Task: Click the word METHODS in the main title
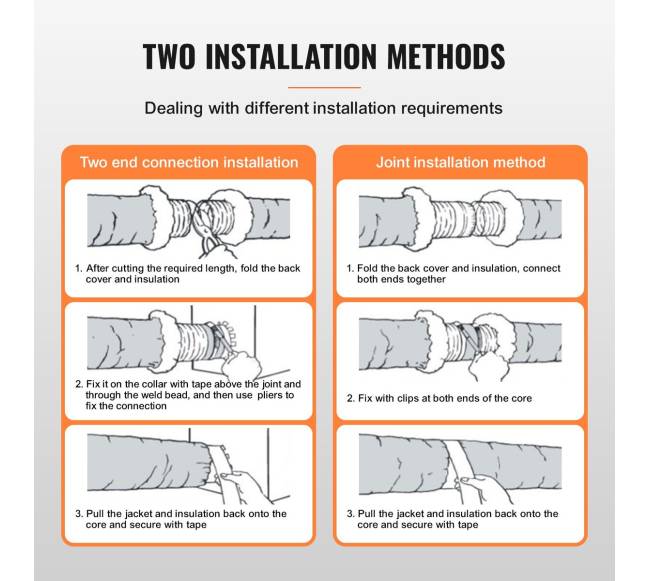click(446, 56)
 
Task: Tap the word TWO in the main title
click(169, 56)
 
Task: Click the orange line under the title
click(324, 87)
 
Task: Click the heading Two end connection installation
click(189, 162)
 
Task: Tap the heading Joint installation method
click(461, 162)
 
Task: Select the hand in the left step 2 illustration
click(241, 366)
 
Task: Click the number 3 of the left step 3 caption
click(78, 514)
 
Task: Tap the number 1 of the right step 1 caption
click(350, 269)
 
